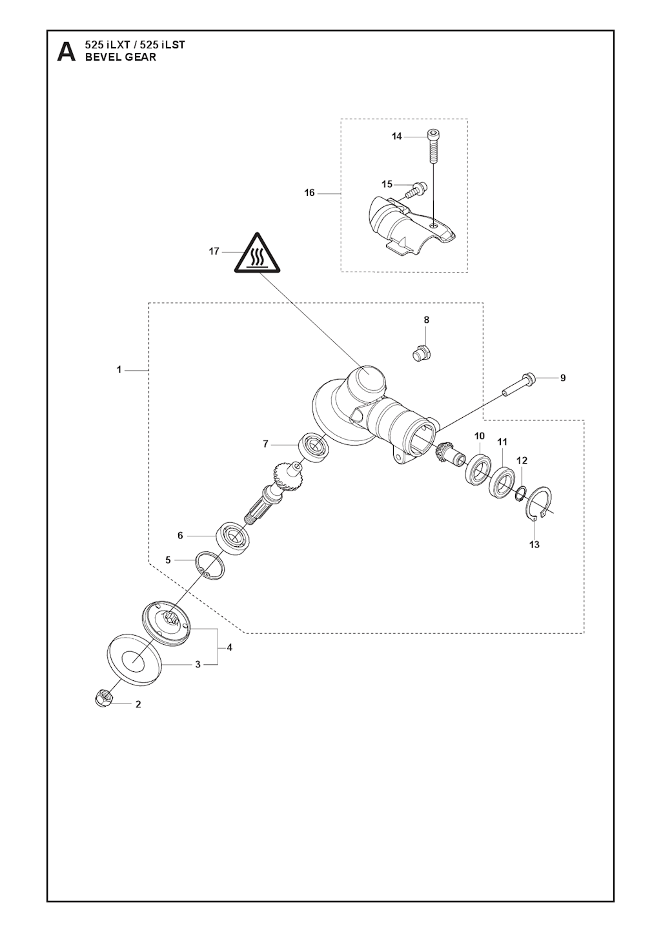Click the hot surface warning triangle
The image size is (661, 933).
coord(257,255)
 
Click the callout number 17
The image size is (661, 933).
coord(214,251)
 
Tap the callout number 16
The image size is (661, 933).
coord(309,193)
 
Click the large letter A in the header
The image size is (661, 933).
coord(66,52)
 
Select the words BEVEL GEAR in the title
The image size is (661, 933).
coord(121,57)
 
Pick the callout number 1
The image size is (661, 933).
coord(119,369)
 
